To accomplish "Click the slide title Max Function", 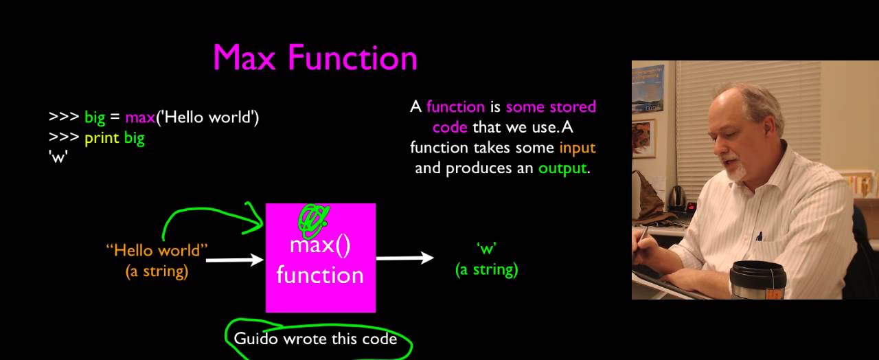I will coord(315,58).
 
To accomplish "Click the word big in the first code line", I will coord(95,117).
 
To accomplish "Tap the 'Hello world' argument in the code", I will coord(207,117).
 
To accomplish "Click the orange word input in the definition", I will coord(577,147).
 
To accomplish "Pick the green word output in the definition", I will coord(562,168).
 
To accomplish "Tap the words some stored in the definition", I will coord(551,106).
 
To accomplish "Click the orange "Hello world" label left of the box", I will coord(157,250).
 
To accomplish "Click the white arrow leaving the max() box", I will coord(405,258).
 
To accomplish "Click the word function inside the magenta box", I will coord(319,275).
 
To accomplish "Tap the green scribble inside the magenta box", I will coord(312,218).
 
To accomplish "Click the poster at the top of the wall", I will coord(648,88).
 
